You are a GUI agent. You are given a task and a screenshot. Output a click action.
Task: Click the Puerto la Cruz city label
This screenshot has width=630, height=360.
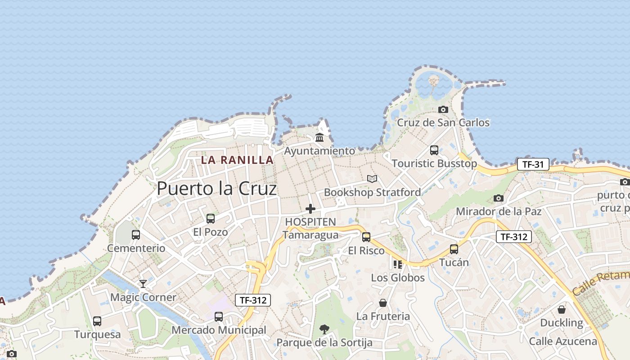216,189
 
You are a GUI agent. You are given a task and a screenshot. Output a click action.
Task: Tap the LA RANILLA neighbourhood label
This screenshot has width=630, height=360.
237,160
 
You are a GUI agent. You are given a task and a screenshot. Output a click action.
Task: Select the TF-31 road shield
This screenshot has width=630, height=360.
533,164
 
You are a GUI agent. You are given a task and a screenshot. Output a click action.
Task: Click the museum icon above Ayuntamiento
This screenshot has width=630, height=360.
319,137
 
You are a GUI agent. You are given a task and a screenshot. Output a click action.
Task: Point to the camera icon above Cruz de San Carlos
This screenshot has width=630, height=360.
443,109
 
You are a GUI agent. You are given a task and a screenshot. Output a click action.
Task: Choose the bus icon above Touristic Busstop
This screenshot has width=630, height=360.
434,150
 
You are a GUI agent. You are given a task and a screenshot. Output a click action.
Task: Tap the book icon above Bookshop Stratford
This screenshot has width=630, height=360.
372,179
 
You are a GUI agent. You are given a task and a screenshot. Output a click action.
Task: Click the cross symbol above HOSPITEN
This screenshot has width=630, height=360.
310,209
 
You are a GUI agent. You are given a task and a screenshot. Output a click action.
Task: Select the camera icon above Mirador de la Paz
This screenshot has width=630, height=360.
498,198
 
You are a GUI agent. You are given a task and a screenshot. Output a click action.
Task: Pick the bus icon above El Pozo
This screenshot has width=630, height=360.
210,219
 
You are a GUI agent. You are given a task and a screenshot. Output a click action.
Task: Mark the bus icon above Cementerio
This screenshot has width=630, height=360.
136,234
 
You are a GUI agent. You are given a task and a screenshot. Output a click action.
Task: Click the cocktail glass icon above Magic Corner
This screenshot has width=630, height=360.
143,283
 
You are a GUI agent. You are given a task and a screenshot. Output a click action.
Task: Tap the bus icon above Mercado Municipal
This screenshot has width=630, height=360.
219,316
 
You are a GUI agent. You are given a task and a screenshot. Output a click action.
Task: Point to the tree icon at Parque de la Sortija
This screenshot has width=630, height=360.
324,329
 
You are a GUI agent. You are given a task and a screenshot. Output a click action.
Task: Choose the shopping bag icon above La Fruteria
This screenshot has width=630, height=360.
383,303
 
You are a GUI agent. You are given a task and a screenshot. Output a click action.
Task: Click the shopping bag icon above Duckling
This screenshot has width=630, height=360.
562,310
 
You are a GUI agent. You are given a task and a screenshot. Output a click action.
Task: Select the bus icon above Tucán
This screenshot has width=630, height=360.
454,249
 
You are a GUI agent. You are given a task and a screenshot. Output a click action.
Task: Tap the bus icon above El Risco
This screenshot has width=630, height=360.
366,237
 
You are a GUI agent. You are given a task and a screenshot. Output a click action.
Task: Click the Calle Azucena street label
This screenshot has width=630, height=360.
563,341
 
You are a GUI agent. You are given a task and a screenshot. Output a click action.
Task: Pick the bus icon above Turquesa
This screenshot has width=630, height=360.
97,321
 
